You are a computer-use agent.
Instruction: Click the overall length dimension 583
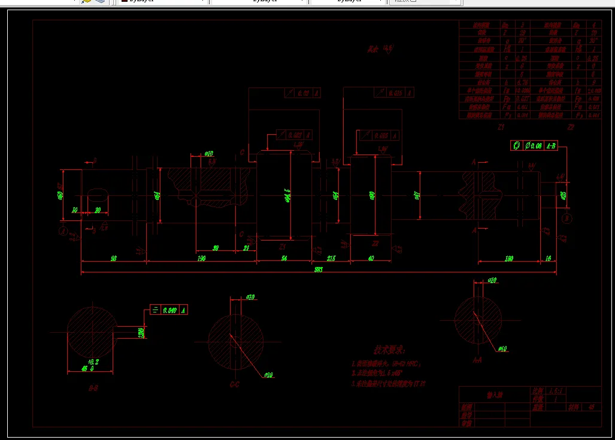coord(319,270)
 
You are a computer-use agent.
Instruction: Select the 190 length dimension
coord(201,258)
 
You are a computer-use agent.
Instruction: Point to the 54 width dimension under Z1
coord(284,258)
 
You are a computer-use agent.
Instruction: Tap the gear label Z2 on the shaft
coord(375,244)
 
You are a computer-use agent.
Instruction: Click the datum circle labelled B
coord(566,220)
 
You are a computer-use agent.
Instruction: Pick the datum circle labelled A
coord(63,230)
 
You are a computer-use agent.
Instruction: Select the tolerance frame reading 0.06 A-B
coord(534,145)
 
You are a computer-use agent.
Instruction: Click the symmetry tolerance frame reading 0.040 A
coord(169,309)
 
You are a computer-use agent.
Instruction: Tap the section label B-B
coord(93,388)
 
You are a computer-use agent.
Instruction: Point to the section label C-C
coord(235,385)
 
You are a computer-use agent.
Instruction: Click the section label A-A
coord(477,360)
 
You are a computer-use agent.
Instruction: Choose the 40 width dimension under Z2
coord(371,258)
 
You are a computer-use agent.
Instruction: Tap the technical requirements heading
coord(390,349)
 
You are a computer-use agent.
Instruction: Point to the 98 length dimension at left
coord(113,258)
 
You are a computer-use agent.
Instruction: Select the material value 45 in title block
coord(591,406)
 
